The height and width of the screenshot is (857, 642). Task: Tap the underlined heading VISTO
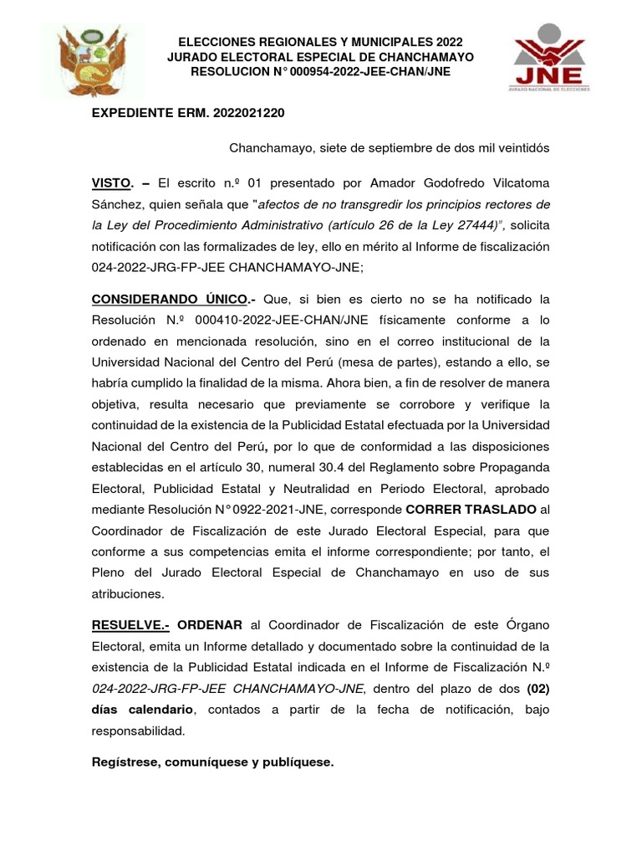(x=111, y=182)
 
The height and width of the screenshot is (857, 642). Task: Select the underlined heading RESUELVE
(x=130, y=624)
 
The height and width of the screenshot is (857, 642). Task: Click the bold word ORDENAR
(x=210, y=624)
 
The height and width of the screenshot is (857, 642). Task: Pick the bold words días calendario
(x=142, y=710)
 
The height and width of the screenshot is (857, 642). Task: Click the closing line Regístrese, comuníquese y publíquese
(x=212, y=762)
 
